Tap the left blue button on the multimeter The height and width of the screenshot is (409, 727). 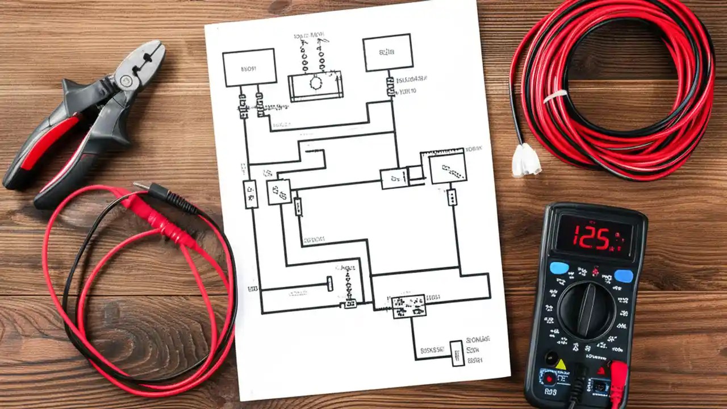[559, 268]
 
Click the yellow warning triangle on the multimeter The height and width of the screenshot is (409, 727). [561, 364]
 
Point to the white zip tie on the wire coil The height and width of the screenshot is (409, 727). [555, 96]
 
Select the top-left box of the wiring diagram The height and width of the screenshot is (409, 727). [249, 68]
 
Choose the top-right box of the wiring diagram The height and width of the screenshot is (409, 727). [387, 53]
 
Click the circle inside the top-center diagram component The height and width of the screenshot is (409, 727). [315, 83]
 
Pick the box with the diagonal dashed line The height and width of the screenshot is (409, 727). [448, 168]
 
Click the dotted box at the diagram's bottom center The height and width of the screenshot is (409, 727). [408, 305]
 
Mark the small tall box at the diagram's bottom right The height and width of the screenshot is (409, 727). [456, 353]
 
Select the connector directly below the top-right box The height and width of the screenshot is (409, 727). [390, 86]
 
